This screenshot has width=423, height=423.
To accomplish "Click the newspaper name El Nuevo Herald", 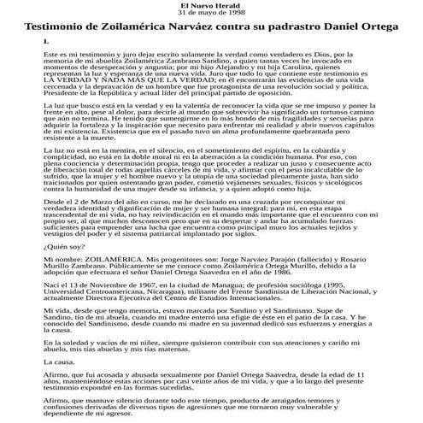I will [210, 6].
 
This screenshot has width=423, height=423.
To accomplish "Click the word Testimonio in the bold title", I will [61, 27].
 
